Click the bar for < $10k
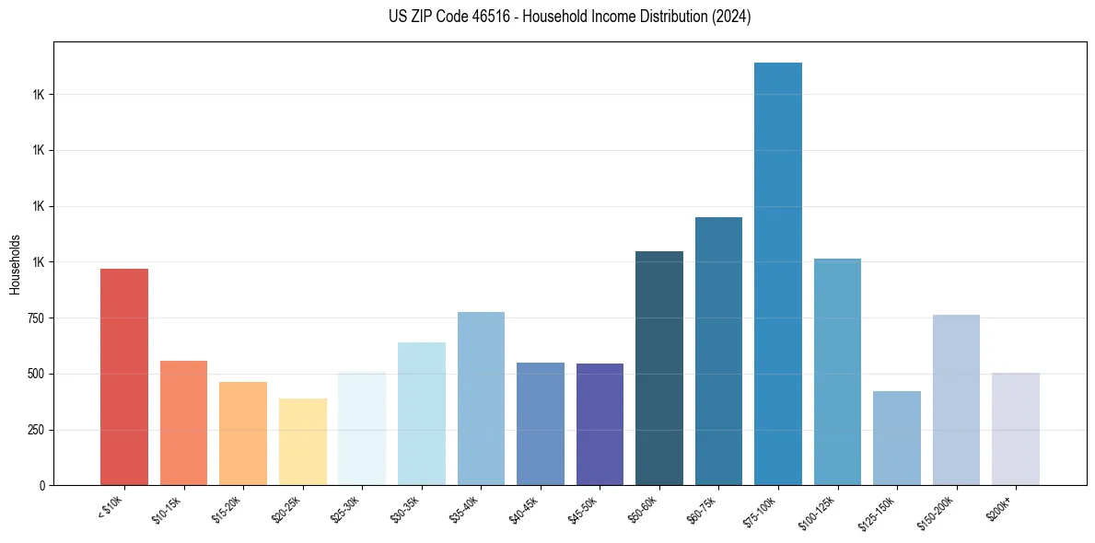tap(123, 376)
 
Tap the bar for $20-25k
tap(302, 442)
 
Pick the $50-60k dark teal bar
tap(659, 368)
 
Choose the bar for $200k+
tap(1016, 429)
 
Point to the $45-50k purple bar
tap(600, 424)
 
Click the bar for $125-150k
tap(897, 438)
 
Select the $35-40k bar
tap(481, 399)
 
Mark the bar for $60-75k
tap(718, 351)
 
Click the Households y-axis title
tap(16, 265)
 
